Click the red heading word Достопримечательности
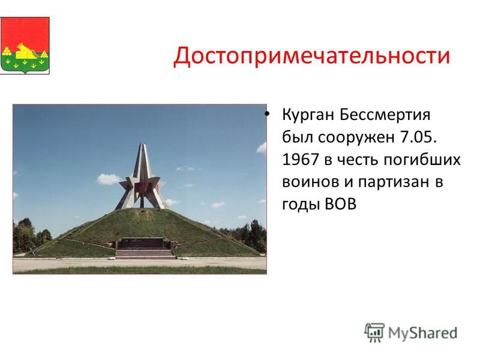point(311,56)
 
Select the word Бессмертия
point(385,115)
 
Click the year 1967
point(301,160)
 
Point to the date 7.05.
point(418,137)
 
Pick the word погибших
point(422,160)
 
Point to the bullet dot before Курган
point(267,115)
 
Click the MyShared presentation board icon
point(374,332)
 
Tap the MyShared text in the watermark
point(422,333)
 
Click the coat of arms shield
point(25,46)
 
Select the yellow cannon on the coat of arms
point(27,52)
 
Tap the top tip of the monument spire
point(142,143)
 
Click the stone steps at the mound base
point(145,254)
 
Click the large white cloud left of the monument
point(109,179)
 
